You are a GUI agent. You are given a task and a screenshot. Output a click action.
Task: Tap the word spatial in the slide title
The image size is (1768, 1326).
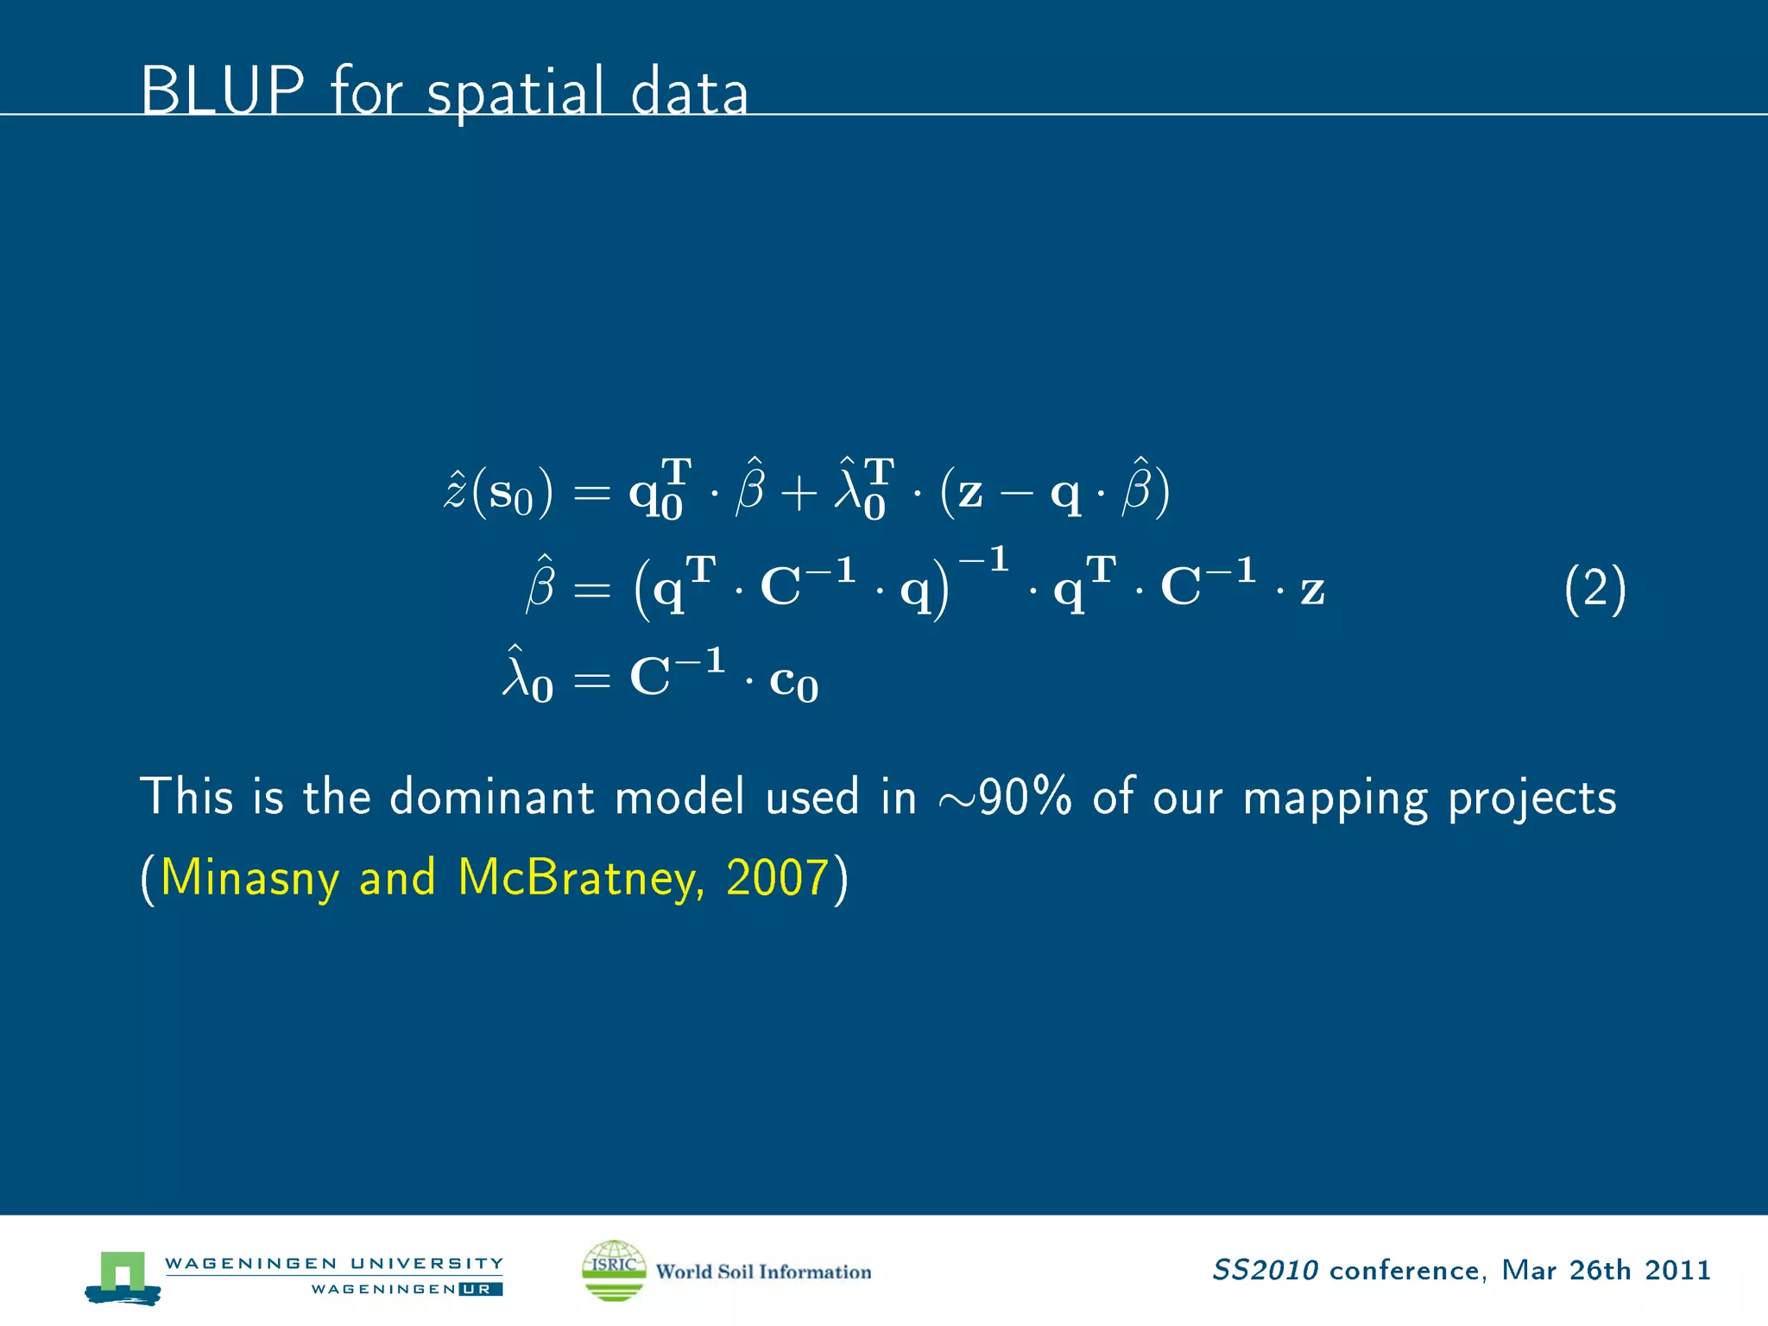pos(515,93)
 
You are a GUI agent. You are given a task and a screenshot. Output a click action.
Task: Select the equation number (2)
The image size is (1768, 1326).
pos(1594,590)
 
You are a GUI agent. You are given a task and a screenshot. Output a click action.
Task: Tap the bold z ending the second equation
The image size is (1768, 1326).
pos(1312,590)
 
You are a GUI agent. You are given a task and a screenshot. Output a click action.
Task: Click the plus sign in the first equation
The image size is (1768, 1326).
pos(799,495)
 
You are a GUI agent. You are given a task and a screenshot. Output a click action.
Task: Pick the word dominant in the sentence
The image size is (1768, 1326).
pos(491,797)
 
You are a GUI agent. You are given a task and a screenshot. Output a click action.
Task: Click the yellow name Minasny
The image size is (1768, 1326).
pos(249,879)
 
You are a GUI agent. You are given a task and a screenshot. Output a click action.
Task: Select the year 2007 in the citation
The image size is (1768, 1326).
pos(777,877)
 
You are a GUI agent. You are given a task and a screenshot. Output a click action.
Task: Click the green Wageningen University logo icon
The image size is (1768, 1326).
pos(123,1276)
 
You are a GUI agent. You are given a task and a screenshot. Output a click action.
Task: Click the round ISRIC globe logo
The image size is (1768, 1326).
pos(614,1270)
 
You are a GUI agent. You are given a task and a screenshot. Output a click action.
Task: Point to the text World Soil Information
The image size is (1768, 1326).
pos(763,1272)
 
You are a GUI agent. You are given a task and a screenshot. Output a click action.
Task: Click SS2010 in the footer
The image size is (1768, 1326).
pos(1265,1270)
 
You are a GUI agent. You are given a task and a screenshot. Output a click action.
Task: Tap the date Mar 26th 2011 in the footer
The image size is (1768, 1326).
pos(1606,1270)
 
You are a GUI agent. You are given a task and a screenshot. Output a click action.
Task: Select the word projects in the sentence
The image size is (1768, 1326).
pos(1531,799)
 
